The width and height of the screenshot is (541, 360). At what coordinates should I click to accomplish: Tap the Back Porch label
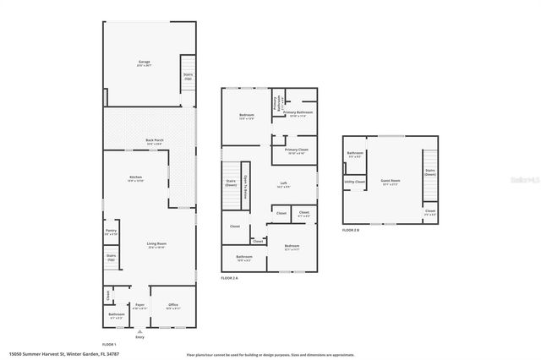(155, 142)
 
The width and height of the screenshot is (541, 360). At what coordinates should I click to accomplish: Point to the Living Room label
(156, 244)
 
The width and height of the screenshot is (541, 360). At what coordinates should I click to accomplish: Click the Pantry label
(112, 232)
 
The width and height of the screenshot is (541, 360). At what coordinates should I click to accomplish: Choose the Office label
(172, 306)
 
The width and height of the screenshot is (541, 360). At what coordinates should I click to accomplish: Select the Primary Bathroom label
(298, 113)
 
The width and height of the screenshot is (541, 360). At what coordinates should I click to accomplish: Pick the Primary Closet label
(297, 151)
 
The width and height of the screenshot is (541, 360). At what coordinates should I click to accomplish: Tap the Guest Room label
(391, 182)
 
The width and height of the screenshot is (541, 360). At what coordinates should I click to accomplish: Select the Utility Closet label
(355, 182)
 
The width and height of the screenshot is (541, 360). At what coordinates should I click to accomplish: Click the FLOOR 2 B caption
(351, 230)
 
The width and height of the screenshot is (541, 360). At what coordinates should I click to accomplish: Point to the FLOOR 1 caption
(109, 345)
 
